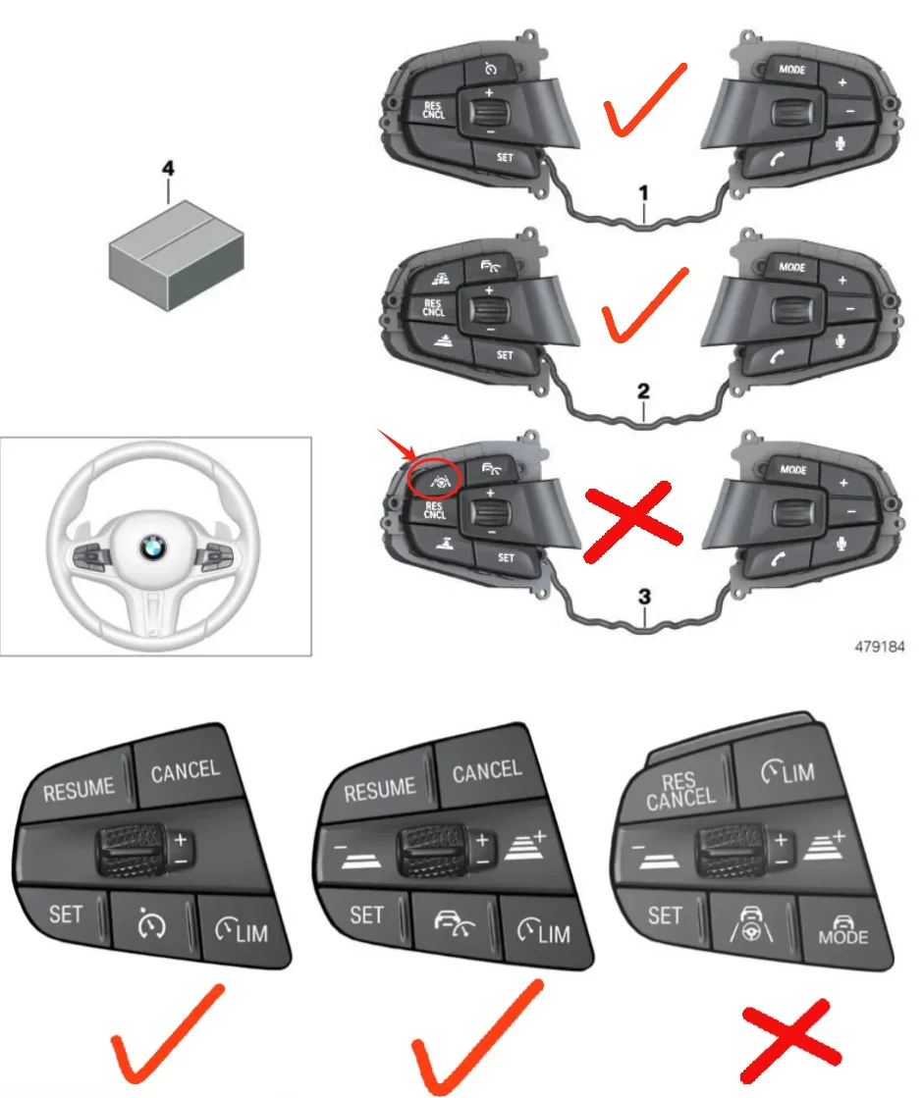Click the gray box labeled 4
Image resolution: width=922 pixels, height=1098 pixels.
[x=172, y=250]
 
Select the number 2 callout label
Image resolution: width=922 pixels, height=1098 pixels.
[x=643, y=391]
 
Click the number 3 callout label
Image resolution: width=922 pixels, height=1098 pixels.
[x=643, y=596]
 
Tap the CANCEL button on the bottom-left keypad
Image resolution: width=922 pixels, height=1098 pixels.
[x=186, y=770]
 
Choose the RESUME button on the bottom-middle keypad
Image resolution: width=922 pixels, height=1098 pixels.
[x=380, y=788]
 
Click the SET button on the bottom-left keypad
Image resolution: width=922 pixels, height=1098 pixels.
[x=66, y=915]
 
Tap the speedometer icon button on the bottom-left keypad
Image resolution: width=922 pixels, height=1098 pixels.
[x=155, y=923]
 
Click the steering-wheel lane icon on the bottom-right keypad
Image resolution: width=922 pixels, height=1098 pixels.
[x=751, y=924]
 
